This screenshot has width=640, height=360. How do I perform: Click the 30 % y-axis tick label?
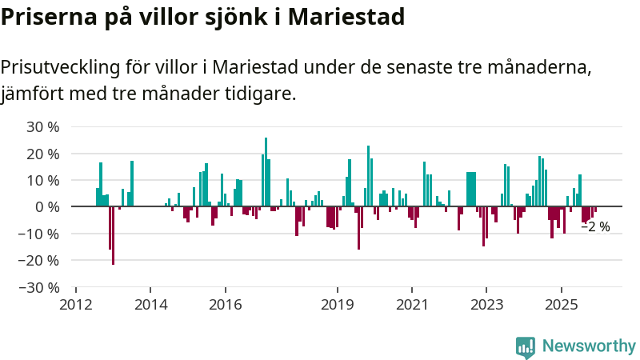click(x=42, y=126)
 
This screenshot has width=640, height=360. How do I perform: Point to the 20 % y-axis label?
click(x=42, y=154)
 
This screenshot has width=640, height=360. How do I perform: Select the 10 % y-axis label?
click(x=42, y=180)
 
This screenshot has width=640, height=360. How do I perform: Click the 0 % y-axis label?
click(x=46, y=206)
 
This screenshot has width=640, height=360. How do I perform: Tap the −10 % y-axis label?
click(x=39, y=234)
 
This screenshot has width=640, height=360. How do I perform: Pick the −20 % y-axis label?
click(x=39, y=260)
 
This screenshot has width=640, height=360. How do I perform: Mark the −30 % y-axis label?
click(x=39, y=286)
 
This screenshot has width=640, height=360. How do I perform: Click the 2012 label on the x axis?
click(x=76, y=304)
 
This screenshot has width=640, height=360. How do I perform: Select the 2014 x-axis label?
click(x=150, y=304)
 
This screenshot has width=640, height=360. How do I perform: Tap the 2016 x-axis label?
click(x=225, y=304)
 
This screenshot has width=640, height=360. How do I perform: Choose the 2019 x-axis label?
click(x=337, y=304)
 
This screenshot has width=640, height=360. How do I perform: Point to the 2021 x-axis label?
click(x=412, y=304)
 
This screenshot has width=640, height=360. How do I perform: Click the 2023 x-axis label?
click(x=486, y=304)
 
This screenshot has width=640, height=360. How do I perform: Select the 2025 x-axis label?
click(x=561, y=304)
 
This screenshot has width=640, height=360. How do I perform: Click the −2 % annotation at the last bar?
click(x=595, y=226)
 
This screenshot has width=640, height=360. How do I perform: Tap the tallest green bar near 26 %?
click(x=266, y=172)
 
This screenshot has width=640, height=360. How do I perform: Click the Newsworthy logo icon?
click(x=526, y=346)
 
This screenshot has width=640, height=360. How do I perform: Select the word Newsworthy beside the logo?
click(x=589, y=346)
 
